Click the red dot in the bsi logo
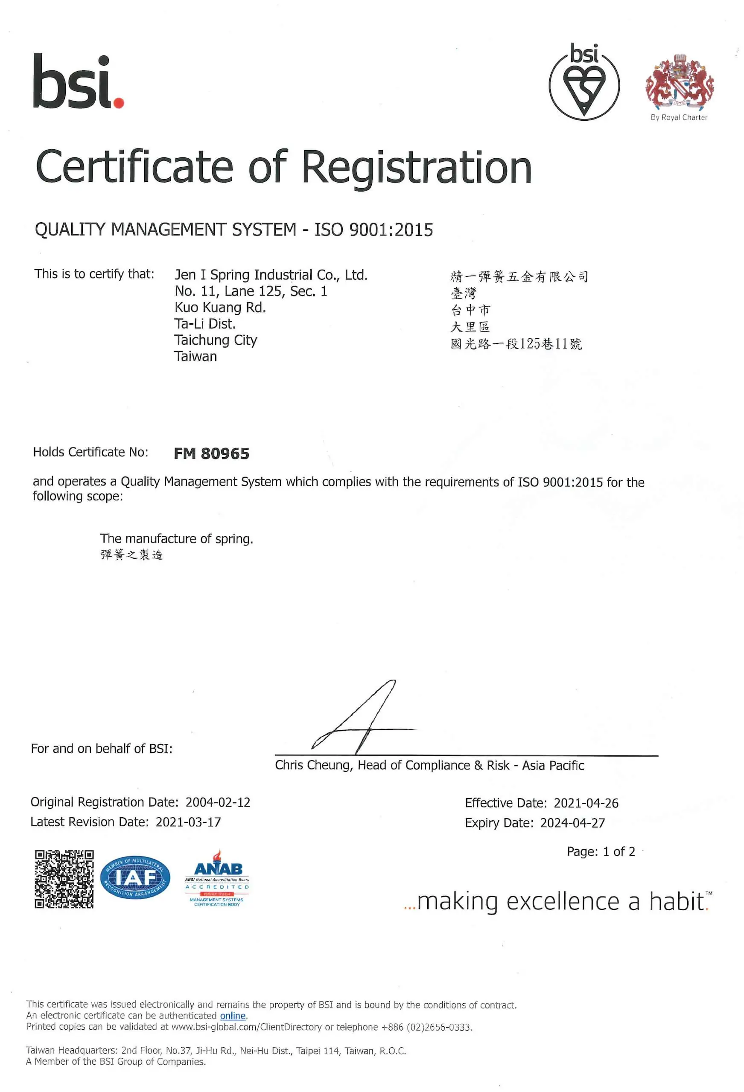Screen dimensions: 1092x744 [x=119, y=102]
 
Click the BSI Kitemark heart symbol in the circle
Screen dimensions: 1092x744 [x=584, y=89]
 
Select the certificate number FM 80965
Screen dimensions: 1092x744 [x=211, y=453]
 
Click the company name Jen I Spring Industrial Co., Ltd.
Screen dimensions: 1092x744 [x=271, y=275]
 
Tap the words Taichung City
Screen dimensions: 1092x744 [x=216, y=340]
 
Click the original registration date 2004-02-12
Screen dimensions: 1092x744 [x=218, y=802]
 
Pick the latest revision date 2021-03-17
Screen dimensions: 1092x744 [x=188, y=822]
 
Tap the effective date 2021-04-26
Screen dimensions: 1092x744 [x=586, y=803]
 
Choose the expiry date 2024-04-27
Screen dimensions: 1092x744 [x=572, y=823]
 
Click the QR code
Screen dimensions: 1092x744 [x=64, y=879]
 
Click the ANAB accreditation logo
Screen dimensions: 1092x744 [x=217, y=878]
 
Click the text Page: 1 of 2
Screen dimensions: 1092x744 [x=601, y=851]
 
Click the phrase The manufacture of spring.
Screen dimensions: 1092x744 [x=176, y=538]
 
